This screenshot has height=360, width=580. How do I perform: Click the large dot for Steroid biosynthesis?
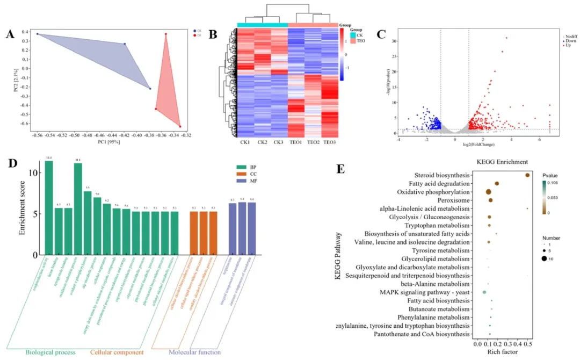point(527,175)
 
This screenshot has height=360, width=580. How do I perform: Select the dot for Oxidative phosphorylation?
point(488,192)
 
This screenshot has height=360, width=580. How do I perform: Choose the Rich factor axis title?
point(503,352)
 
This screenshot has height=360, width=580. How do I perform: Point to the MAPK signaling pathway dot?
point(484,292)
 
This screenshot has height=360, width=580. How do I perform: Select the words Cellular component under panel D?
point(117,352)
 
